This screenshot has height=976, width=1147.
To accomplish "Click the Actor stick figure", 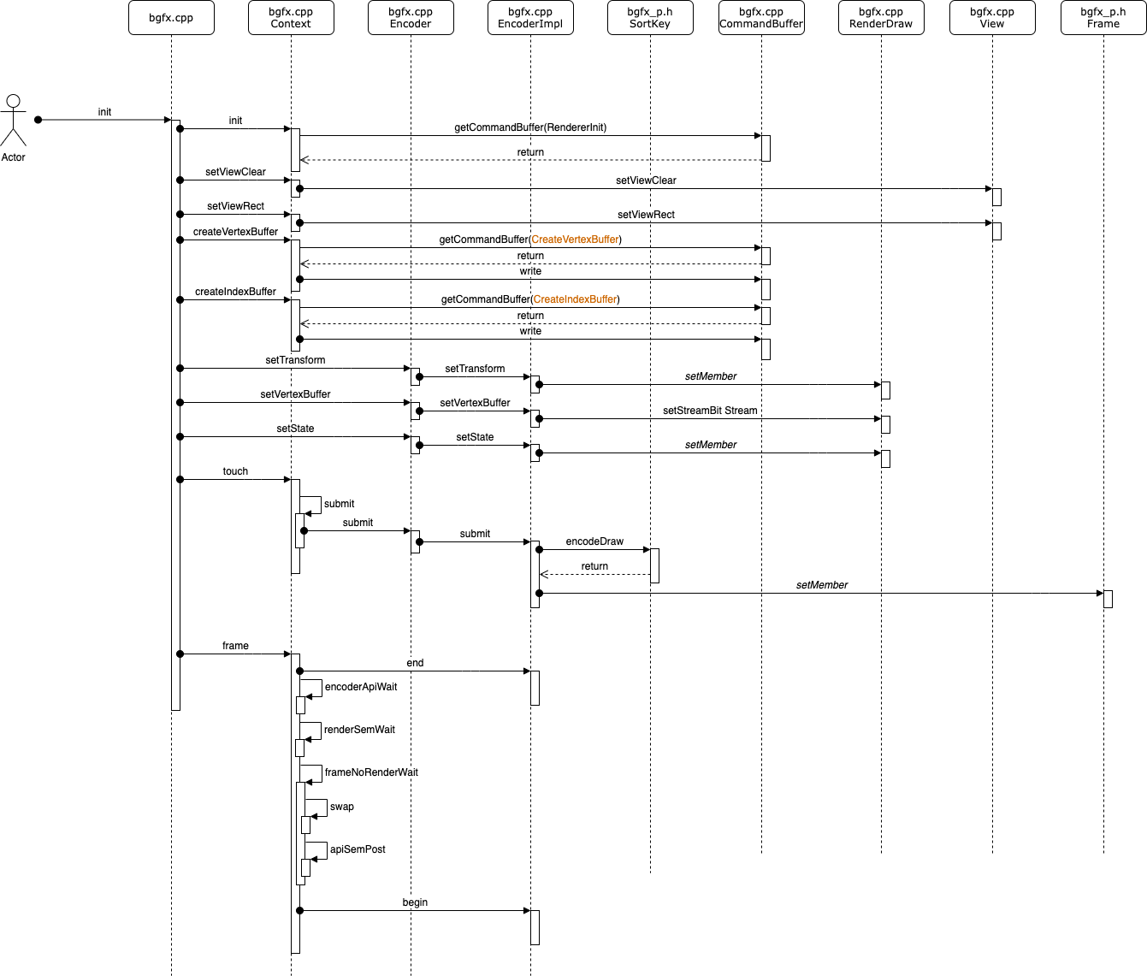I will (x=13, y=121).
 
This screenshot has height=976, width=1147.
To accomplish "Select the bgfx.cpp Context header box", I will (x=291, y=18).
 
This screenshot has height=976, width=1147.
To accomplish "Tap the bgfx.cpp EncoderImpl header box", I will (x=530, y=18).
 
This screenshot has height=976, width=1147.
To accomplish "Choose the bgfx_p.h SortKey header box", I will (x=650, y=18).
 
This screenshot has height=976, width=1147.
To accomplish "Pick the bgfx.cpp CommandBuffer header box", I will (x=761, y=18).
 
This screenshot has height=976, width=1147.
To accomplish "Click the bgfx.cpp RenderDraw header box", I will (x=881, y=18).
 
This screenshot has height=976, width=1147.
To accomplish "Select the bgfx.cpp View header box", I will (x=992, y=18).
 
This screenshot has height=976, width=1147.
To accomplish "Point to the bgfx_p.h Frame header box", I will (x=1103, y=18).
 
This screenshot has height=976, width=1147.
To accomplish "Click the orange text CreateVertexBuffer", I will (x=576, y=240).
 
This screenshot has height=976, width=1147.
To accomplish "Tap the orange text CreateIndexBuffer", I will (x=575, y=299).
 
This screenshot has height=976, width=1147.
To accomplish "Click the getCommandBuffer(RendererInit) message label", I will (x=530, y=127).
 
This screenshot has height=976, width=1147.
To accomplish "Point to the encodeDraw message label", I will (x=594, y=541).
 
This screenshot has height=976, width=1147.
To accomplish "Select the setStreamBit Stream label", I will (x=710, y=411).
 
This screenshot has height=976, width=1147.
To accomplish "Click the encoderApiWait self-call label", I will (x=361, y=687).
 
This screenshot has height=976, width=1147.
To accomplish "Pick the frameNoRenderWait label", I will (x=371, y=772).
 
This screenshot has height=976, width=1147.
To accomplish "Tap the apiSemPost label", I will (x=358, y=849).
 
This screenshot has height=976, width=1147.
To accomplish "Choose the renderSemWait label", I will (x=359, y=730).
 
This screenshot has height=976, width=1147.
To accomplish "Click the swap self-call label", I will (x=341, y=807).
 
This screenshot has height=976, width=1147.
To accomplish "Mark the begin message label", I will (x=415, y=902).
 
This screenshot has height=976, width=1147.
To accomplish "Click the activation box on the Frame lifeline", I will (x=1108, y=599).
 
